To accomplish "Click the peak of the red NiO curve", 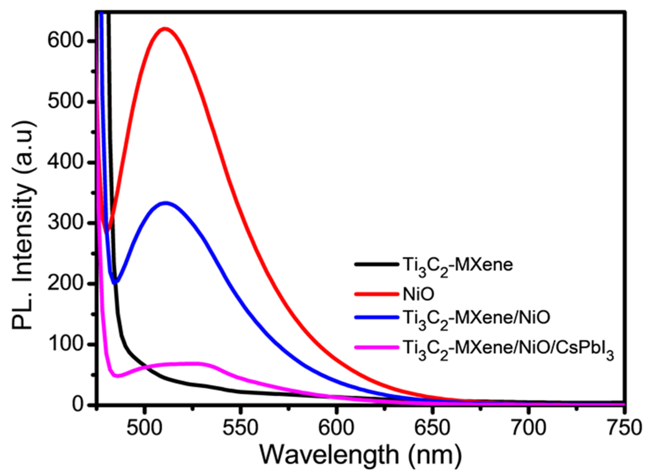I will [x=165, y=29].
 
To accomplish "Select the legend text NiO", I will [x=418, y=294].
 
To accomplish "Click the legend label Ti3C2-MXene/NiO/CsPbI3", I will [x=508, y=349].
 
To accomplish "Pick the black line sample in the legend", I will [x=376, y=264].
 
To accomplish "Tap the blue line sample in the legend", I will [x=376, y=317].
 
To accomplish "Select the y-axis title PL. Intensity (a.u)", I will [x=24, y=226].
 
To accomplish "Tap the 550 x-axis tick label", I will [x=241, y=428].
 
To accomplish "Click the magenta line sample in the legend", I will [x=376, y=347].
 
